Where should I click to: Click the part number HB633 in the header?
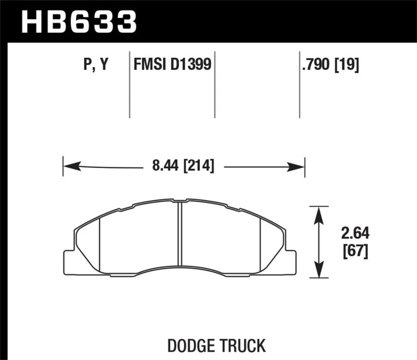click(78, 21)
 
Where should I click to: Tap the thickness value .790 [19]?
click(330, 65)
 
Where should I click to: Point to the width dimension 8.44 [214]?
click(183, 167)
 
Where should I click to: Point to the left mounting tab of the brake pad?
click(69, 262)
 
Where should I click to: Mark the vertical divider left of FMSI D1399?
click(129, 83)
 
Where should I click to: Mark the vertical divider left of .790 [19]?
click(299, 83)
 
